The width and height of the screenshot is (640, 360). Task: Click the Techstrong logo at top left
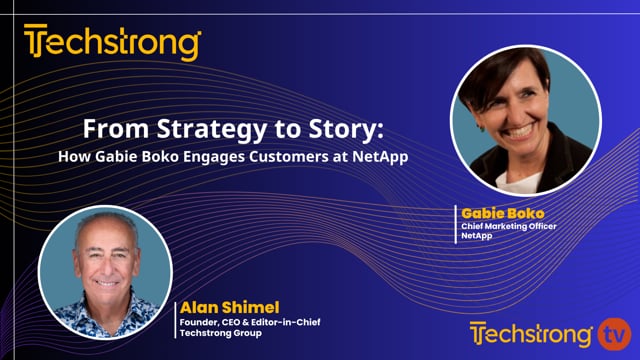[x=112, y=44]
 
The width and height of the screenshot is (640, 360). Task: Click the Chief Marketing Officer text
[x=508, y=226]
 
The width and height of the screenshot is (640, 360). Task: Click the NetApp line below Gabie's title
[x=478, y=236]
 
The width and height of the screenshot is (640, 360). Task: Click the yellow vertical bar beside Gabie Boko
[x=456, y=223]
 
